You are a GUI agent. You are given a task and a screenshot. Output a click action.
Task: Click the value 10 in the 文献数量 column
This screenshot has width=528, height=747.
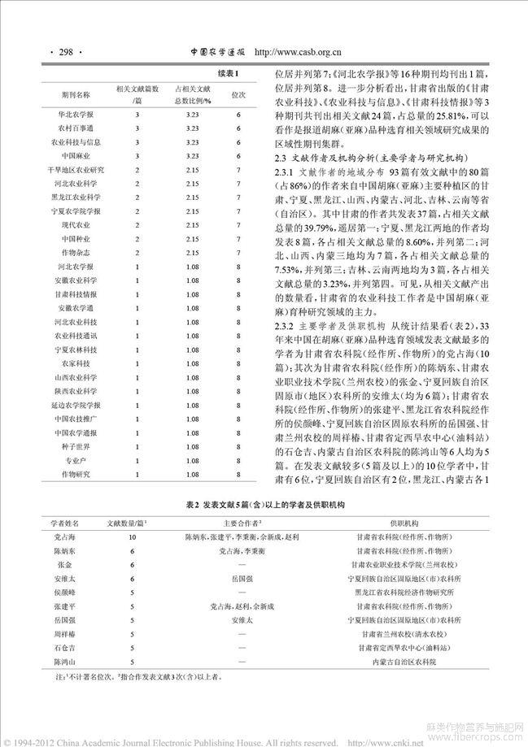pos(120,537)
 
